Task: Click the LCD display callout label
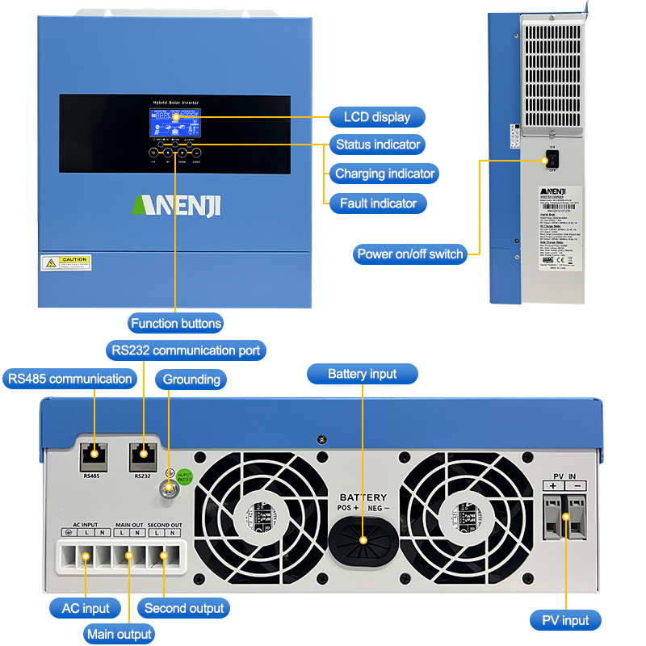[377, 117]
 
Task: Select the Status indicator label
[378, 145]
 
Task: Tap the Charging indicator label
[384, 174]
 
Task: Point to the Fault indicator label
[378, 203]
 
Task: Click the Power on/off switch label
[411, 254]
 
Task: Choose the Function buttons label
[176, 323]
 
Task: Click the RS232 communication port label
[185, 350]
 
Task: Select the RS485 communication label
[69, 379]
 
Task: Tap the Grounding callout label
[191, 380]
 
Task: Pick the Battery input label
[363, 374]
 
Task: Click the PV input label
[565, 620]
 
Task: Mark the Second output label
[185, 608]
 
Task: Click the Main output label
[120, 634]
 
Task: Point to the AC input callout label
[86, 608]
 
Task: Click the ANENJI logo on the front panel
[175, 204]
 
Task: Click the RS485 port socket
[92, 457]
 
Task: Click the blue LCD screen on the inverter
[175, 122]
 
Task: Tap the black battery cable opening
[363, 539]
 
